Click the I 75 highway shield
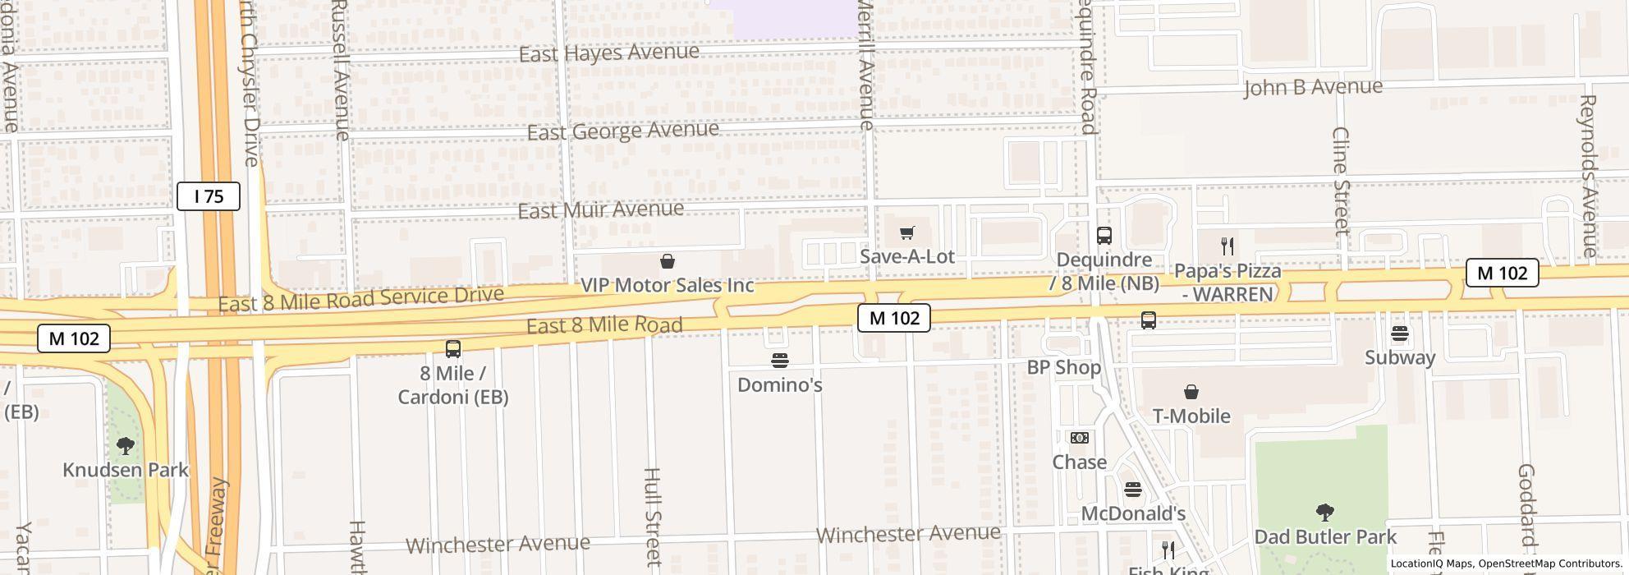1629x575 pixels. click(x=209, y=196)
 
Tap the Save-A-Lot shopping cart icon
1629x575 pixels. click(x=906, y=233)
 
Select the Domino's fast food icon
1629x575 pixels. click(x=780, y=361)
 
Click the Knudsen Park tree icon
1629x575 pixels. click(x=126, y=446)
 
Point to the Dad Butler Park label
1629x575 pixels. click(x=1324, y=537)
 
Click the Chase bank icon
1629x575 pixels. click(x=1079, y=438)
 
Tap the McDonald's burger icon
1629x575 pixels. click(x=1133, y=490)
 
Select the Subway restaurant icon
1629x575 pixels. click(x=1400, y=333)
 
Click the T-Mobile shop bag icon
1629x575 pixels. click(x=1191, y=393)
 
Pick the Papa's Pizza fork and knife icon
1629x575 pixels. click(x=1227, y=246)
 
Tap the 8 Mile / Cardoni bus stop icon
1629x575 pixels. click(x=452, y=349)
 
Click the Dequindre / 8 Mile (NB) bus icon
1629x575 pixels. click(x=1104, y=236)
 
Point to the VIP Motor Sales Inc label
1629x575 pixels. click(x=667, y=285)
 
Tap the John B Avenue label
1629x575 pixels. click(x=1312, y=87)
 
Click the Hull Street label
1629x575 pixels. click(x=653, y=517)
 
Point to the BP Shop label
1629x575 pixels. click(x=1063, y=367)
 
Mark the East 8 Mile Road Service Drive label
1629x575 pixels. click(x=360, y=300)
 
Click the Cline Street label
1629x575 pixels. click(x=1341, y=181)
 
